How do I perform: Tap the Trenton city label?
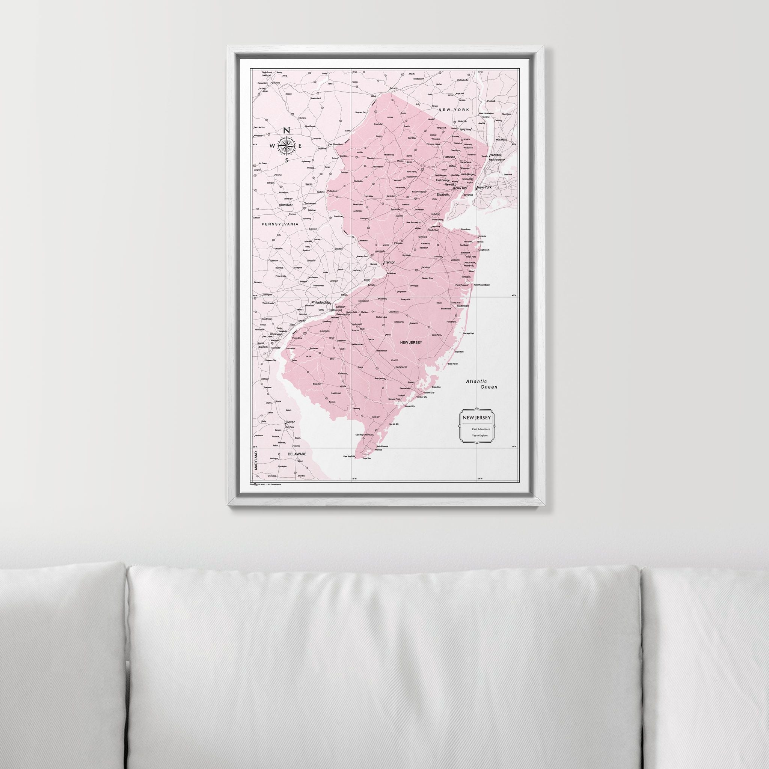coord(389,263)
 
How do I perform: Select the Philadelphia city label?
coord(321,303)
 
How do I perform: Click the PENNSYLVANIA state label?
coord(280,224)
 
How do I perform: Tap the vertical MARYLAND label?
coord(256,460)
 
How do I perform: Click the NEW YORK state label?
coord(454,110)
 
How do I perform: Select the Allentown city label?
coord(285,205)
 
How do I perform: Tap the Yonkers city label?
coord(495,155)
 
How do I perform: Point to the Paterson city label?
coord(449,157)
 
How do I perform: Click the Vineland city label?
coord(342,374)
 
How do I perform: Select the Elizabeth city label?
coord(442,195)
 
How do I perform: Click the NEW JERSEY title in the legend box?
coord(476,418)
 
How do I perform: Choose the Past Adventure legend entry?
coord(481,429)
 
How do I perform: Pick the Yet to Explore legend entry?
coord(479,436)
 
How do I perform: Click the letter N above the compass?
coord(286,130)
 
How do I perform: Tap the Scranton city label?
coord(263,83)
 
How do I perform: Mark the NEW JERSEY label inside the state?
coord(411,342)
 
